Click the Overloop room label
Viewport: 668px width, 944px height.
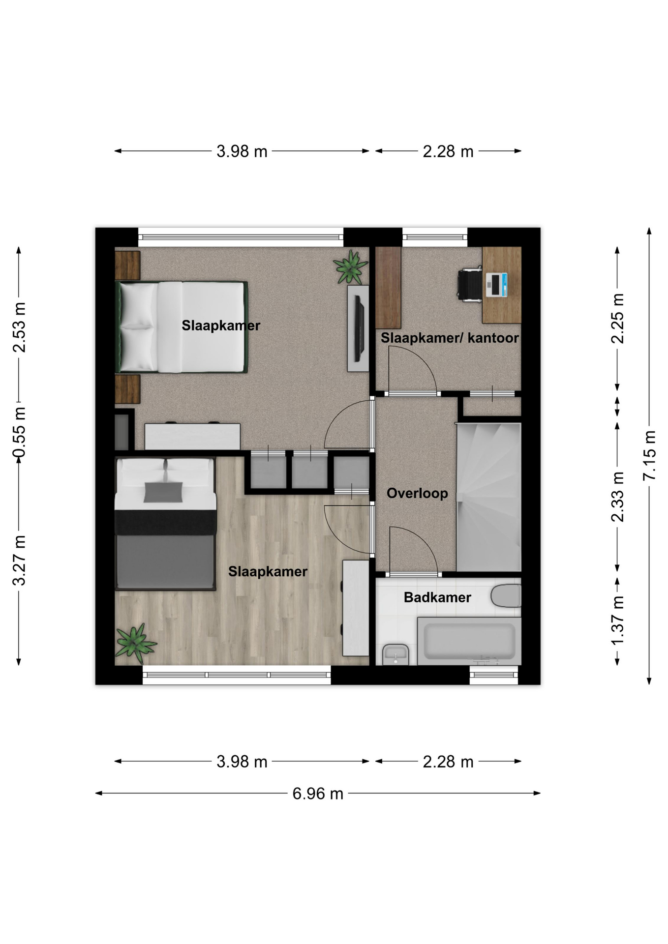tap(417, 493)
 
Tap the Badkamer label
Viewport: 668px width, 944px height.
tap(437, 597)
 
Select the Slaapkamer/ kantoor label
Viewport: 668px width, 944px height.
tap(450, 338)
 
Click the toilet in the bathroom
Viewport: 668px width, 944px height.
tap(506, 596)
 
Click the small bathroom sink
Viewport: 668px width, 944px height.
tap(395, 654)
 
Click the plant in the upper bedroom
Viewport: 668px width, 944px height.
tap(350, 267)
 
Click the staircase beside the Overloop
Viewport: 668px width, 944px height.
tap(488, 497)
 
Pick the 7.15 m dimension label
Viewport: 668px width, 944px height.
tap(649, 456)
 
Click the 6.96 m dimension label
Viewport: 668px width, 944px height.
tap(318, 794)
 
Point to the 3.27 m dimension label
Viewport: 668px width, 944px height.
tap(19, 560)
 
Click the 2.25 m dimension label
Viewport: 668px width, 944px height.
tap(617, 319)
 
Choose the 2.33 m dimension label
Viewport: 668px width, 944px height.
tap(617, 497)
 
